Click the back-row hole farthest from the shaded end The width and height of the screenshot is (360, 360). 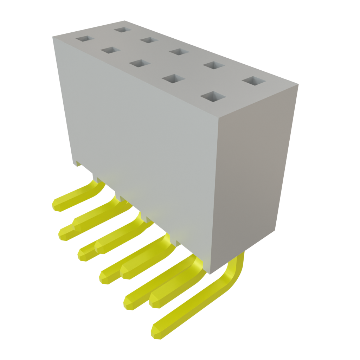[122, 29]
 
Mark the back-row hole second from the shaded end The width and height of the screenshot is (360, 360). [214, 65]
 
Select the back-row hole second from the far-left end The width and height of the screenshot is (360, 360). [149, 40]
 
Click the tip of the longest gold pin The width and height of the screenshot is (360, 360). [155, 333]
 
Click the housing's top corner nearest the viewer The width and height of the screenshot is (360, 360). [219, 117]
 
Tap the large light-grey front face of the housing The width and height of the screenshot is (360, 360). [141, 141]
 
